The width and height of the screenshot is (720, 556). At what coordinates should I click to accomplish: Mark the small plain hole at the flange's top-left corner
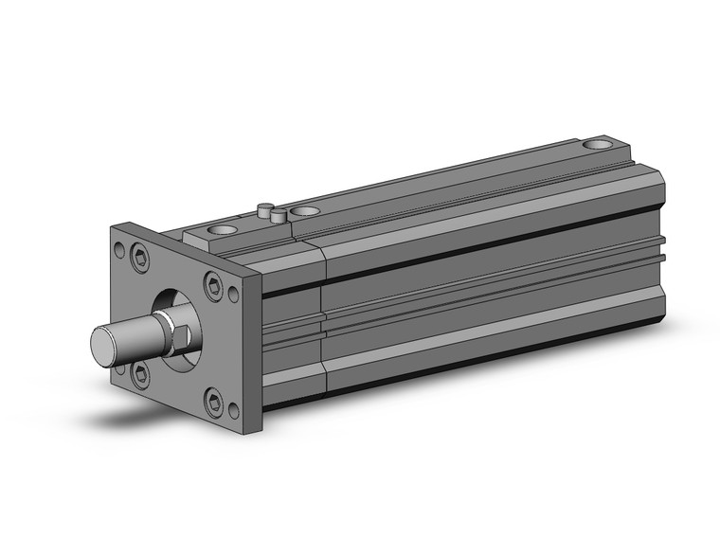[120, 251]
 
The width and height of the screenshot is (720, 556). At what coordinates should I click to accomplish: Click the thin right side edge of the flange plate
[255, 350]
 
